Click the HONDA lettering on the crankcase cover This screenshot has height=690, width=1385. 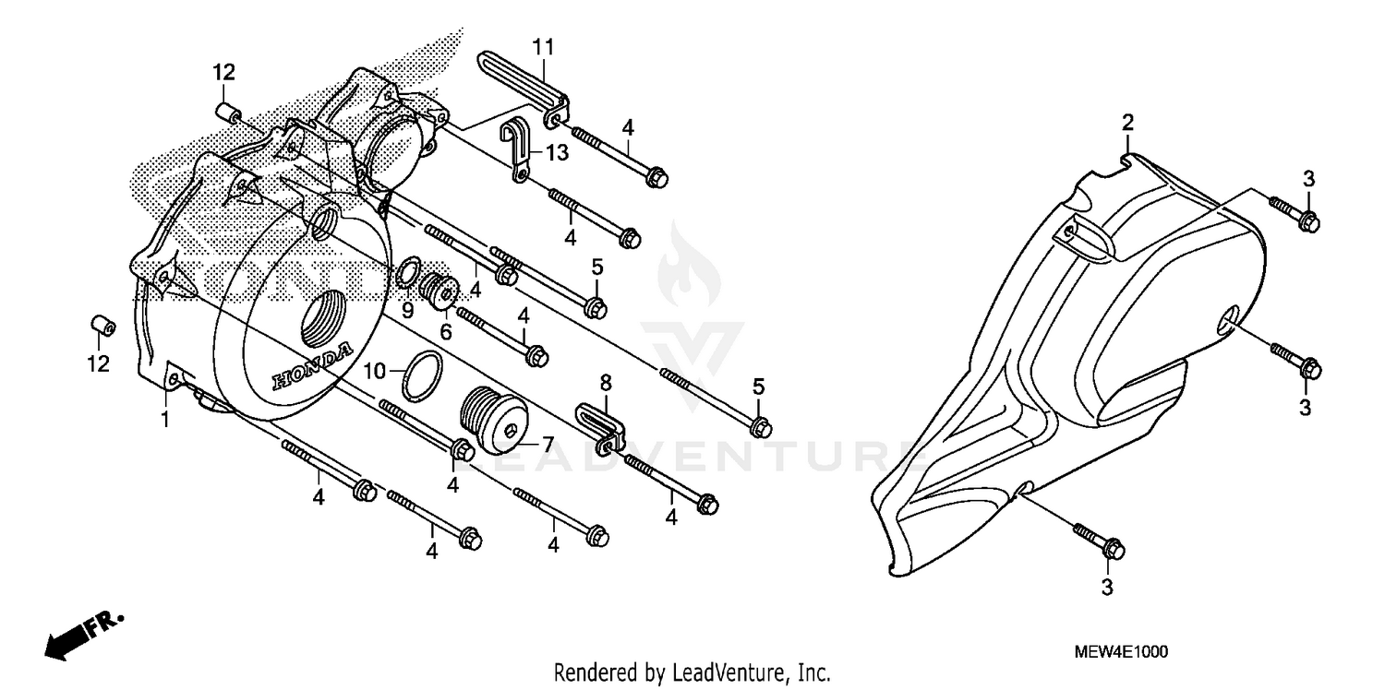pyautogui.click(x=311, y=368)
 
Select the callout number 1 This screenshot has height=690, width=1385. pyautogui.click(x=165, y=420)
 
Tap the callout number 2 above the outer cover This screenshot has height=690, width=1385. pyautogui.click(x=1127, y=123)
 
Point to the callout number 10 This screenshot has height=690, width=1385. pyautogui.click(x=373, y=371)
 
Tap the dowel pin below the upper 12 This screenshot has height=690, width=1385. pyautogui.click(x=226, y=113)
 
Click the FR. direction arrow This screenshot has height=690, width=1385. pyautogui.click(x=83, y=633)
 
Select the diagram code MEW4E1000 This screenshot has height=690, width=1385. pyautogui.click(x=1120, y=651)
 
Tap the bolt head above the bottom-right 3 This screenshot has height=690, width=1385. pyautogui.click(x=1114, y=550)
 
